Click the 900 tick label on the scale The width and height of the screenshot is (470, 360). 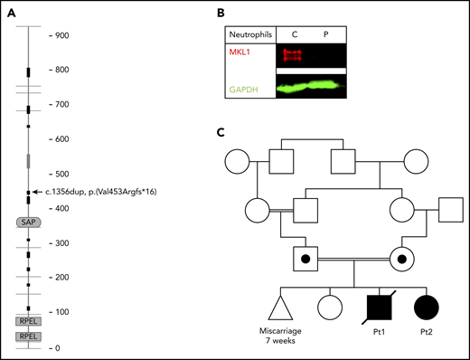59,35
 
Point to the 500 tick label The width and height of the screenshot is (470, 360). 59,174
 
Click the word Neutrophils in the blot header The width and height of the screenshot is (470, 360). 255,34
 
